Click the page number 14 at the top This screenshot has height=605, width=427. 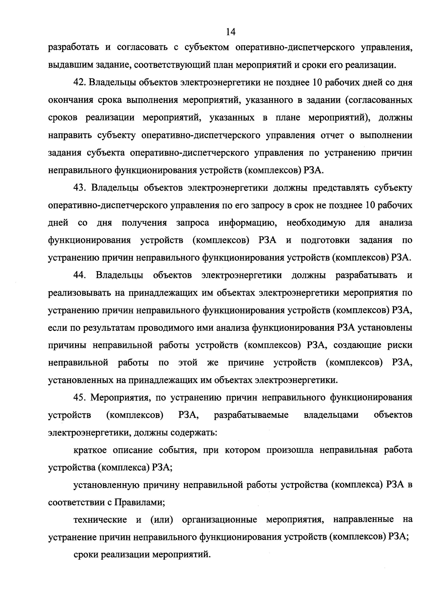[231, 32]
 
